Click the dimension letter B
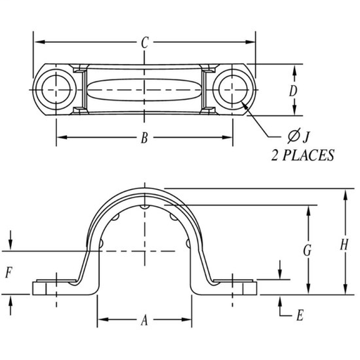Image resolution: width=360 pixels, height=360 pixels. point(144,138)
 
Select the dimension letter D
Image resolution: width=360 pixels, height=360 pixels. point(293,91)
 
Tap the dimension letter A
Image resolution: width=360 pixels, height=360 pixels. point(144,321)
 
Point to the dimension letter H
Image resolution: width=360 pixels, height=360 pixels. point(344,245)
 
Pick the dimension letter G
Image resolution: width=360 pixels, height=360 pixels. point(307,250)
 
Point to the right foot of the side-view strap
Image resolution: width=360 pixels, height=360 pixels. point(236,288)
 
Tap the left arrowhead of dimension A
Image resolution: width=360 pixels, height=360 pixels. point(101,321)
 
